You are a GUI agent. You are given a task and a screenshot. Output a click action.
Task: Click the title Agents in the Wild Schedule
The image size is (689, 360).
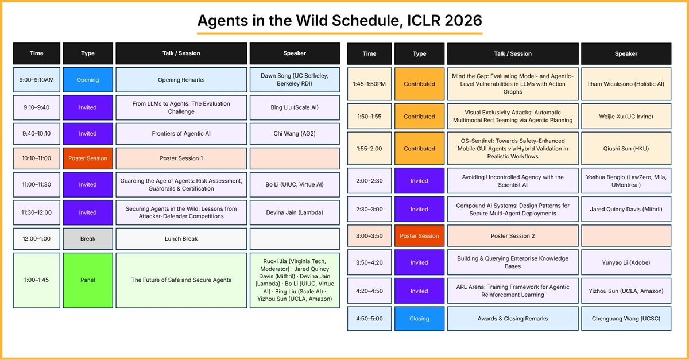(340, 20)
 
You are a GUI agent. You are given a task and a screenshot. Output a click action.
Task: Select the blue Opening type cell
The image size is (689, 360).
(88, 80)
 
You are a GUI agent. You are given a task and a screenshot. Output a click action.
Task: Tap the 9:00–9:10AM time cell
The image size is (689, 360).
(37, 80)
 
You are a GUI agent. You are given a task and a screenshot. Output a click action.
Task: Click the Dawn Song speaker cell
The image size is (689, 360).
(295, 80)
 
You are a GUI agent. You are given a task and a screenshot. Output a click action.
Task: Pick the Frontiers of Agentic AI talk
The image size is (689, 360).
(181, 133)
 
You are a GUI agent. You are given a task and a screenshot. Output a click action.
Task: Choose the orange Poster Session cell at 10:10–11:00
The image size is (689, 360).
(88, 158)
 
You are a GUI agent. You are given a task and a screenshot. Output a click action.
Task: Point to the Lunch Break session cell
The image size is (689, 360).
(181, 239)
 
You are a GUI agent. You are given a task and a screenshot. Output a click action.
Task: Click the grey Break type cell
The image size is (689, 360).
(88, 239)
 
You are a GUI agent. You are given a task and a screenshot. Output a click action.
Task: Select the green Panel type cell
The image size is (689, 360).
(88, 280)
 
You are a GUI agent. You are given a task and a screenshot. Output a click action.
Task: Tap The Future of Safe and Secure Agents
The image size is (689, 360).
(181, 280)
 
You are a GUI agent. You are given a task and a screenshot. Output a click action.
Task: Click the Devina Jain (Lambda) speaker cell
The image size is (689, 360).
(295, 212)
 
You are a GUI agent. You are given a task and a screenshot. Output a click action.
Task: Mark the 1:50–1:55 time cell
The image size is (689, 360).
(370, 117)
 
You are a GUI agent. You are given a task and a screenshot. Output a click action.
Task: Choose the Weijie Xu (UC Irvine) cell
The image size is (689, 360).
(626, 117)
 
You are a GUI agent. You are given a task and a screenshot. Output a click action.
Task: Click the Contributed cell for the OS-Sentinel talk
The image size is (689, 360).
(419, 149)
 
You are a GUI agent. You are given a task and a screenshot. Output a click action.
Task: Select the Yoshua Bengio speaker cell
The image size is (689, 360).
(626, 181)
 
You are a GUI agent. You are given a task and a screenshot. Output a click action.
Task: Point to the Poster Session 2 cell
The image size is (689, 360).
(513, 236)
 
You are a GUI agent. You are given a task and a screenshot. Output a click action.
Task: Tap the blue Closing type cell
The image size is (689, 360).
(419, 319)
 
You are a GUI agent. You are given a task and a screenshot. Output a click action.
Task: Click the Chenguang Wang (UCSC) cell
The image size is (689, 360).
(626, 319)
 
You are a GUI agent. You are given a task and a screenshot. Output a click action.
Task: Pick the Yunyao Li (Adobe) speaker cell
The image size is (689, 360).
(626, 262)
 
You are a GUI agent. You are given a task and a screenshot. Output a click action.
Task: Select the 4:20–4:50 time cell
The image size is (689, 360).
(370, 291)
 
